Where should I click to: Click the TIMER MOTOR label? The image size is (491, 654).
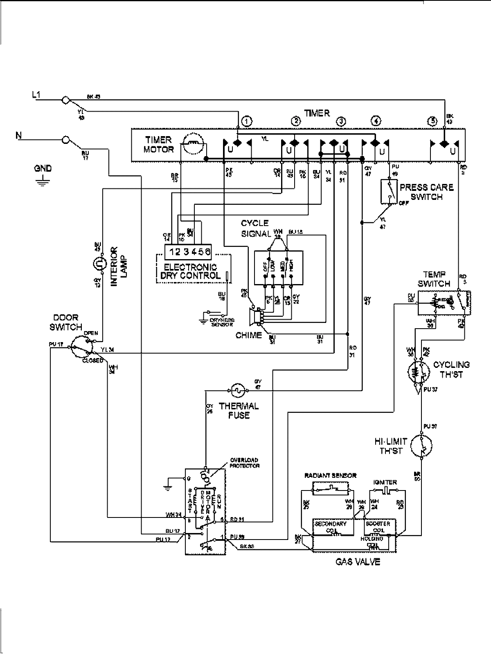[x=158, y=145]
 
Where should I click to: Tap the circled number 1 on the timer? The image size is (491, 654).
[x=247, y=121]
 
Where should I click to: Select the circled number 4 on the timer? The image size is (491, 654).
[x=376, y=121]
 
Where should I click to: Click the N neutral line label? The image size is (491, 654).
[x=18, y=135]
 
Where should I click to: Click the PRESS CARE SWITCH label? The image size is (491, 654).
[x=426, y=192]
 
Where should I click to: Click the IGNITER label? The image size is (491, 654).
[x=385, y=482]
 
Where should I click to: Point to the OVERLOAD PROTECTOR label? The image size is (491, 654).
[x=244, y=463]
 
